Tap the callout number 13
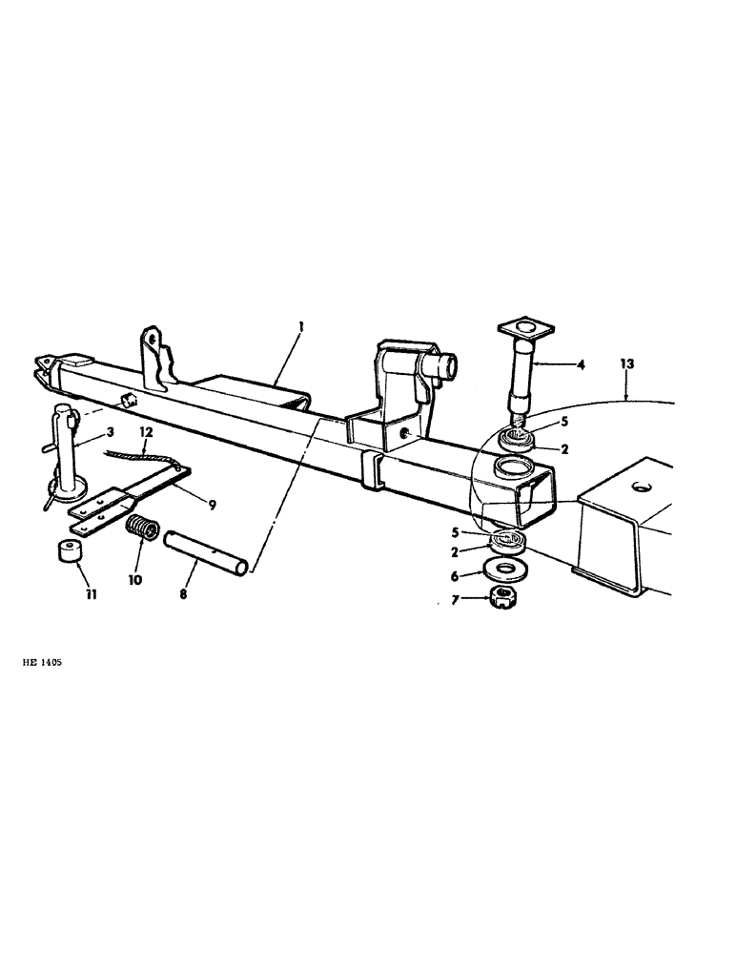coord(626,364)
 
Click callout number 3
coord(111,433)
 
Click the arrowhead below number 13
coord(626,394)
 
